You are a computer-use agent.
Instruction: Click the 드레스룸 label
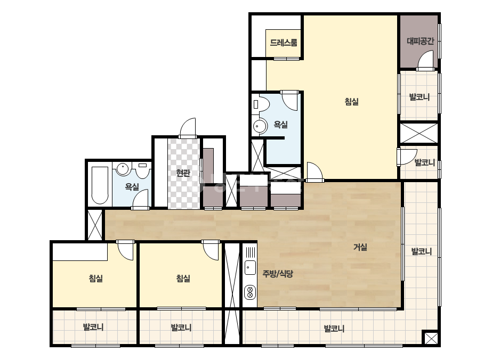tap(284, 43)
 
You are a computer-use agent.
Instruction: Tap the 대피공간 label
tap(421, 41)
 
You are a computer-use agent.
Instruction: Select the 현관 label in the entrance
tap(183, 173)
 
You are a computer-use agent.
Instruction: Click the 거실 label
tap(360, 247)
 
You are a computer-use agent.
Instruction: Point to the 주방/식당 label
tap(278, 274)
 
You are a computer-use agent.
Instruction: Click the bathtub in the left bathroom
tap(100, 185)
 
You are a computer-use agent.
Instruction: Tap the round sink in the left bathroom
tap(123, 169)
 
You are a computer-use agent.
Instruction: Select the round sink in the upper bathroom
tap(260, 126)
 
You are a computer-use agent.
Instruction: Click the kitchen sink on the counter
tap(250, 267)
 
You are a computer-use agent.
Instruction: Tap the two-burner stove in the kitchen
tap(250, 292)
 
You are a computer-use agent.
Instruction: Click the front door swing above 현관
tap(188, 128)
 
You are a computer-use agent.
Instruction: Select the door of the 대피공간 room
tap(425, 61)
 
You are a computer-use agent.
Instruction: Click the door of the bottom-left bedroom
tap(125, 250)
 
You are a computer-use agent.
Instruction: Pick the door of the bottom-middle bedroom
tap(211, 250)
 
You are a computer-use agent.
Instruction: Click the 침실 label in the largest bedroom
tap(351, 102)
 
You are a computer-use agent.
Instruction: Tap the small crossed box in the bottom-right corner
tap(431, 338)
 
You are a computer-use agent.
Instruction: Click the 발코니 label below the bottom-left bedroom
tap(93, 328)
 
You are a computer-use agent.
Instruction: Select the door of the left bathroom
tap(140, 200)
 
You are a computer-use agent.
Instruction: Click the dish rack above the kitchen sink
tap(251, 252)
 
